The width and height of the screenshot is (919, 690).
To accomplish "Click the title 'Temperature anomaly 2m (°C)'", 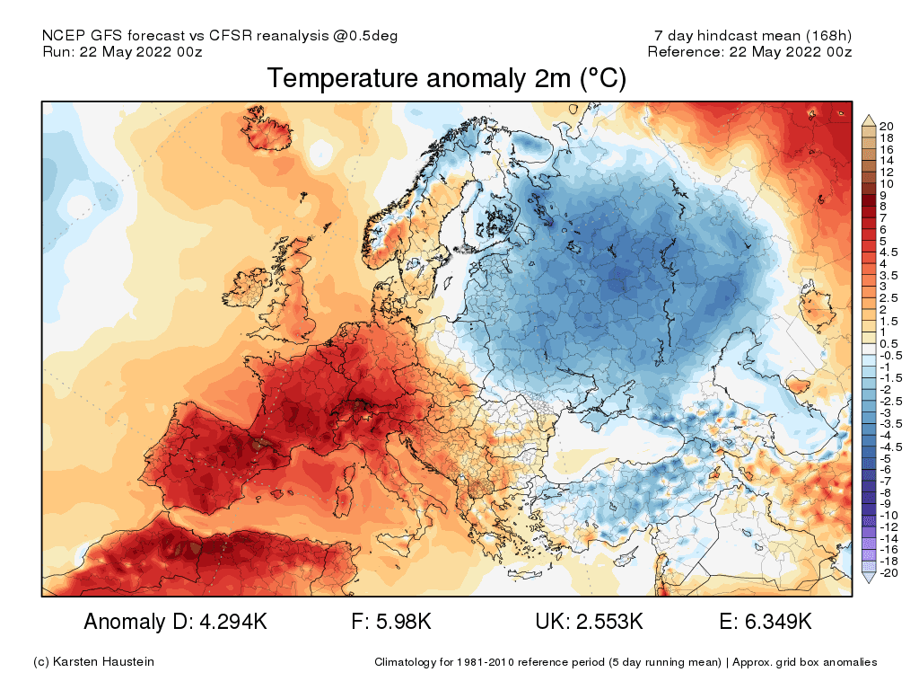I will pyautogui.click(x=446, y=79).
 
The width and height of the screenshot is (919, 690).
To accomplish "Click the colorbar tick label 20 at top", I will pyautogui.click(x=887, y=126).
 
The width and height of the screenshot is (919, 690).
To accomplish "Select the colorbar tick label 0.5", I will pyautogui.click(x=888, y=344).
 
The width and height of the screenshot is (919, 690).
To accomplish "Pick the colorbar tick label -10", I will pyautogui.click(x=888, y=516).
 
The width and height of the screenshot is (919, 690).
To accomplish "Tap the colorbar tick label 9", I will pyautogui.click(x=883, y=195).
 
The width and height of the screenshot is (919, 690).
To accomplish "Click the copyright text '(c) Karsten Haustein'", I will pyautogui.click(x=93, y=662).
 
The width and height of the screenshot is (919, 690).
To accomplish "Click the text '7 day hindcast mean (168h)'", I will pyautogui.click(x=753, y=36).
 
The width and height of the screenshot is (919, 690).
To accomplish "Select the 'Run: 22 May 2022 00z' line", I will pyautogui.click(x=122, y=52).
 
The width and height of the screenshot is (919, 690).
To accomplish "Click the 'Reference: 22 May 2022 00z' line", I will pyautogui.click(x=749, y=52).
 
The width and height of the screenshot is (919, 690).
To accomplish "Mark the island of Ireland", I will pyautogui.click(x=257, y=296).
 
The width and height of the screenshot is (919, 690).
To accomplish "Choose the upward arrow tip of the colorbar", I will pyautogui.click(x=868, y=117).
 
